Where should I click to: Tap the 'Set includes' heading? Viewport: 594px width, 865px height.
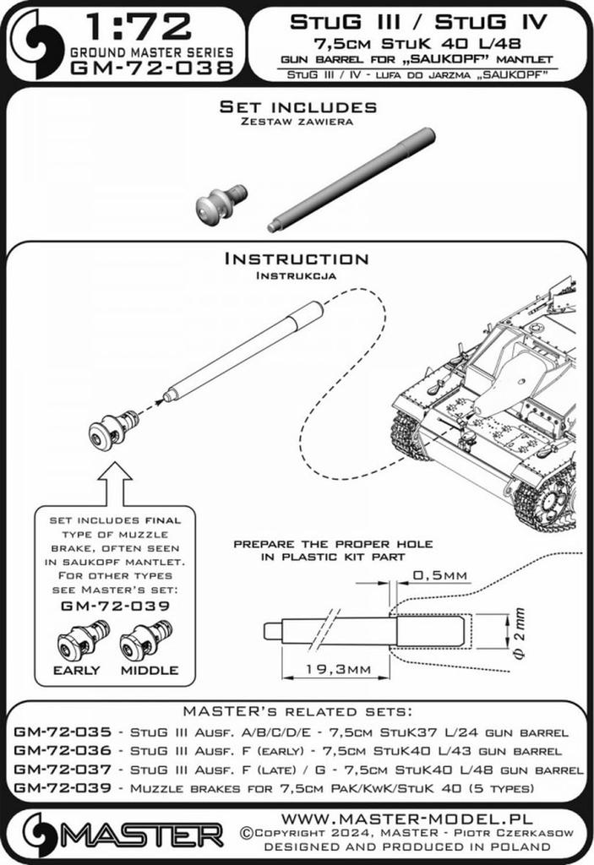coord(297,107)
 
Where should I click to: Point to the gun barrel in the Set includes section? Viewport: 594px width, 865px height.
coord(351,179)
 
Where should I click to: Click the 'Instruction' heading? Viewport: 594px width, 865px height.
coord(296,259)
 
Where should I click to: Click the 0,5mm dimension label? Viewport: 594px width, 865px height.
coord(439,575)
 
